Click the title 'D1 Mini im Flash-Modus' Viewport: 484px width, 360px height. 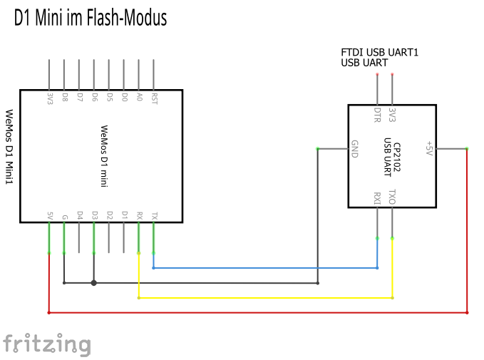[x=91, y=18]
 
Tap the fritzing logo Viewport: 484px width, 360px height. [x=47, y=344]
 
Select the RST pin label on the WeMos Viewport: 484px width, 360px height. [x=154, y=98]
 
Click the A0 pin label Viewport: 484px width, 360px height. [x=139, y=97]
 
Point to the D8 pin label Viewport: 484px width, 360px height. [x=64, y=97]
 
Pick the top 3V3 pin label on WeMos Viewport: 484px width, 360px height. [x=49, y=98]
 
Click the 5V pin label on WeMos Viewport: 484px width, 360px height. [x=49, y=215]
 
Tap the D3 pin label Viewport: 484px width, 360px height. [x=94, y=215]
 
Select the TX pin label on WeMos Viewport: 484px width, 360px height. [x=154, y=215]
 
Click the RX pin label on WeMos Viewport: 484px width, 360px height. [x=139, y=215]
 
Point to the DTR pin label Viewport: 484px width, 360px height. [x=377, y=114]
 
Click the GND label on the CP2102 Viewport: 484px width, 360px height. [x=354, y=149]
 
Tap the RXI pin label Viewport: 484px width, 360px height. [x=377, y=198]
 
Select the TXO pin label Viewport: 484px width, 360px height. [x=392, y=197]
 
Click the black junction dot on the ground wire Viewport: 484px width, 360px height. [x=94, y=282]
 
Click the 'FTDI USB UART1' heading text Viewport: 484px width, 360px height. [x=379, y=53]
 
